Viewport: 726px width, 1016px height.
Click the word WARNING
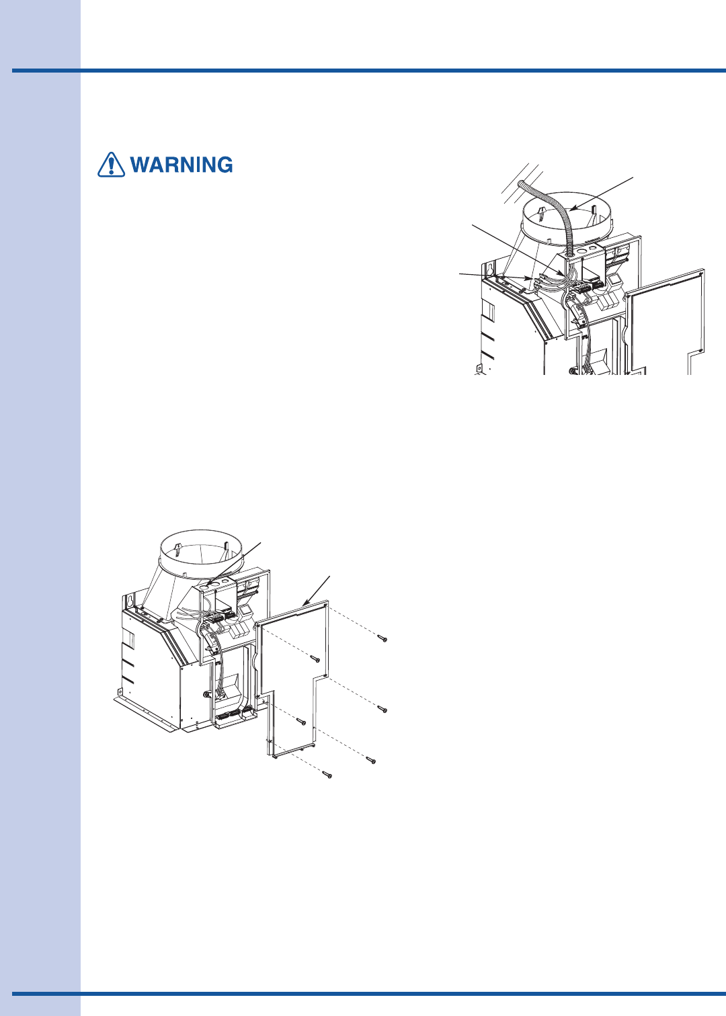click(x=182, y=165)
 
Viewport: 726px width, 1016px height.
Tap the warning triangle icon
click(x=111, y=164)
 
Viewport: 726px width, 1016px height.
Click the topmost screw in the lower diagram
click(x=382, y=639)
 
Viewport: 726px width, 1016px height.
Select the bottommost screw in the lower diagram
click(x=327, y=775)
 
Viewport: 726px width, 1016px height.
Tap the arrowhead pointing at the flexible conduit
click(x=573, y=209)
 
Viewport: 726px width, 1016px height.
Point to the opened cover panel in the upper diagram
click(x=665, y=322)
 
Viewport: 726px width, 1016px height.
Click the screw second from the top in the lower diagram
click(x=315, y=659)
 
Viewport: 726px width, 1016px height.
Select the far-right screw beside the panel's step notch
click(x=382, y=709)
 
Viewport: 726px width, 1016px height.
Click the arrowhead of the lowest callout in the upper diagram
click(x=527, y=278)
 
